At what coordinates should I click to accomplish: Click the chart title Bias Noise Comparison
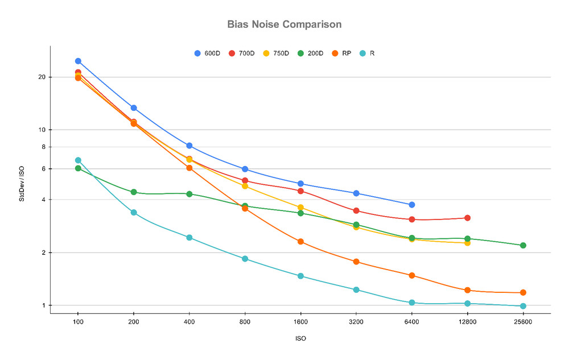[284, 24]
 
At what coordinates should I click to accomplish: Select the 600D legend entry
[207, 53]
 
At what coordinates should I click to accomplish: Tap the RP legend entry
[341, 53]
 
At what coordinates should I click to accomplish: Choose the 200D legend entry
[310, 53]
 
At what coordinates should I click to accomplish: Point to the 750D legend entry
[276, 53]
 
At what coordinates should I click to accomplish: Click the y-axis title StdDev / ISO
[22, 184]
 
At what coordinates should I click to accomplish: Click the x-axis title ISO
[300, 338]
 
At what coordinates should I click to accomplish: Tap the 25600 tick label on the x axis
[523, 322]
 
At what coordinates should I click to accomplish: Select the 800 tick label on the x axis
[245, 322]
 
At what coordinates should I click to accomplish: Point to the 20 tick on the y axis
[42, 77]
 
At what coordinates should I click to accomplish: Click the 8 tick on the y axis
[44, 147]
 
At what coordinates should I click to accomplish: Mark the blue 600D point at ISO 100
[78, 61]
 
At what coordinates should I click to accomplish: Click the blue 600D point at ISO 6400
[412, 205]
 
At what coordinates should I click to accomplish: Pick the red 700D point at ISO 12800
[467, 218]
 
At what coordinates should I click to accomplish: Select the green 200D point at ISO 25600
[523, 246]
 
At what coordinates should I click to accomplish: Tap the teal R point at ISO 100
[78, 160]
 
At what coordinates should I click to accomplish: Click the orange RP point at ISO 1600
[300, 242]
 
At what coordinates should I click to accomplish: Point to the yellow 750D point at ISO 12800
[467, 243]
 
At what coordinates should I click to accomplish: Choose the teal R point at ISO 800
[245, 259]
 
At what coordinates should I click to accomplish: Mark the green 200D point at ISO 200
[134, 192]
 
